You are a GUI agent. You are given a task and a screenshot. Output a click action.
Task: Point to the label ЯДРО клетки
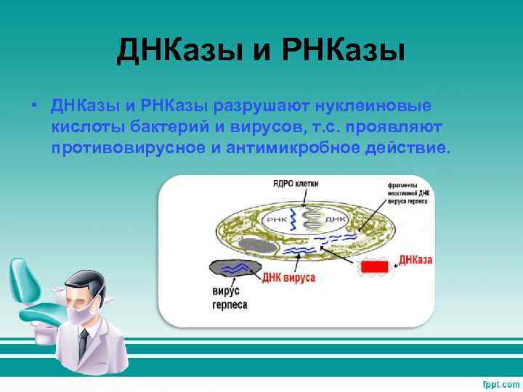coord(295,184)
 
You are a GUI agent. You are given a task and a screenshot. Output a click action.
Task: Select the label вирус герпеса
coord(230,298)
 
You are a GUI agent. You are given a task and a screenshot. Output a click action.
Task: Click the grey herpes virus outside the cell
coord(235,268)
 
